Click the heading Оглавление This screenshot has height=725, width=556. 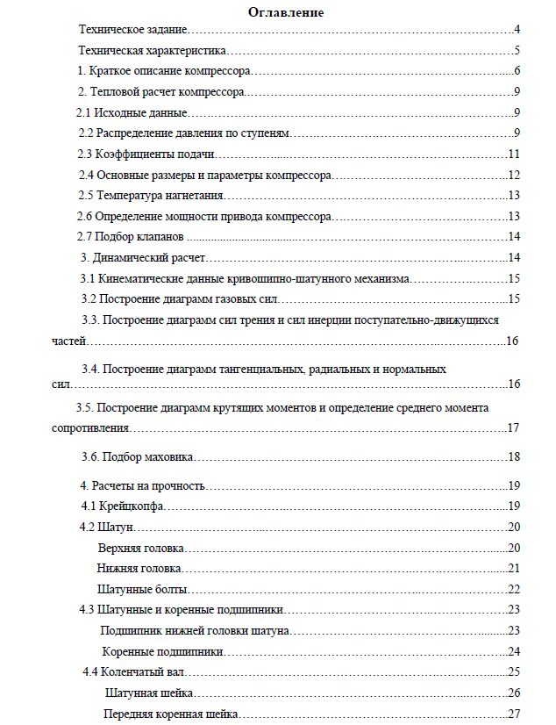click(x=286, y=12)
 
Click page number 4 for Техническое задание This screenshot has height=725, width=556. click(x=518, y=30)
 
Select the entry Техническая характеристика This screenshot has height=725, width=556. click(x=153, y=50)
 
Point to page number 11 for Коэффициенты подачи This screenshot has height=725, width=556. click(x=515, y=154)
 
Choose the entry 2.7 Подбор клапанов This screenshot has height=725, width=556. click(x=131, y=236)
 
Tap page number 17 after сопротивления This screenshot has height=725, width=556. click(x=515, y=428)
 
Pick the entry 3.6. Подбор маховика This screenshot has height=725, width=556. click(x=137, y=456)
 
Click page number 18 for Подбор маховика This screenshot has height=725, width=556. click(x=515, y=456)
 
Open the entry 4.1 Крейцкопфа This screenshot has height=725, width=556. click(x=123, y=506)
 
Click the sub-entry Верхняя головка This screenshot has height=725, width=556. click(x=140, y=548)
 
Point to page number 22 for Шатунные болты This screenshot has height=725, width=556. click(x=515, y=589)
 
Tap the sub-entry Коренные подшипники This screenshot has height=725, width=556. click(x=162, y=651)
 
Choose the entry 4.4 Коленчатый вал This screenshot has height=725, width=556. click(x=132, y=672)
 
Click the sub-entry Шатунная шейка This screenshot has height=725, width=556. click(x=149, y=693)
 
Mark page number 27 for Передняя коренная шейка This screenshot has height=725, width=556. click(x=515, y=714)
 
